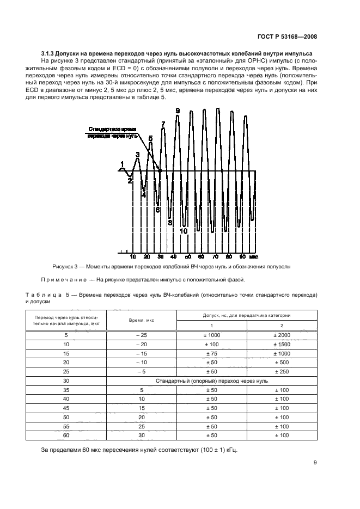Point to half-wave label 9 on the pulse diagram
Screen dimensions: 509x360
(x=178, y=111)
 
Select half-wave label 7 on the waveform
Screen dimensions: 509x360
(x=163, y=125)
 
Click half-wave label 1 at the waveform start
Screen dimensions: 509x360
(x=122, y=164)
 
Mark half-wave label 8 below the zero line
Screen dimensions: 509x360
(x=170, y=222)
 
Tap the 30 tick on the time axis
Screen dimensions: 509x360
(x=160, y=255)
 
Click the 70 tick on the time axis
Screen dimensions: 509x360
(x=215, y=255)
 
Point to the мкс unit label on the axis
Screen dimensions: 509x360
(x=254, y=255)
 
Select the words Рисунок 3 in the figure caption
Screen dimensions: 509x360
(x=65, y=267)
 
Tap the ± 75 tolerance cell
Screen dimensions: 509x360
(x=212, y=353)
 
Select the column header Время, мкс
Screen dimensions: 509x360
(x=141, y=320)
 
